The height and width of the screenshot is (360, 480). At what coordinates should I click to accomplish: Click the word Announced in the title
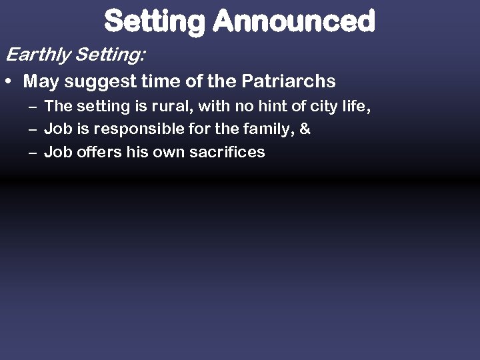(293, 21)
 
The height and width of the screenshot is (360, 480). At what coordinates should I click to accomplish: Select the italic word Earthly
(38, 54)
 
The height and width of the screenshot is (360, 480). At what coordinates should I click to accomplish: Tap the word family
(266, 129)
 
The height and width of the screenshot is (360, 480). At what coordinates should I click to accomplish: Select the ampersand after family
(305, 129)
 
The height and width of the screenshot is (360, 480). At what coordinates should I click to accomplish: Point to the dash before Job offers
(33, 153)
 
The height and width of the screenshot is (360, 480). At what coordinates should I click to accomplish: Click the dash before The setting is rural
(33, 107)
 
